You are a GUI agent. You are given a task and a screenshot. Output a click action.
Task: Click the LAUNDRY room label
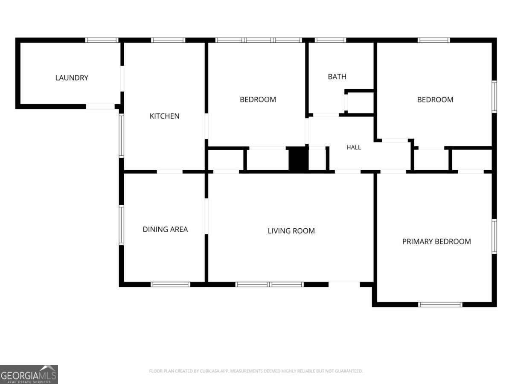(x=72, y=78)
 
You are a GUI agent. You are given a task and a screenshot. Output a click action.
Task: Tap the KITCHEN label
(x=164, y=116)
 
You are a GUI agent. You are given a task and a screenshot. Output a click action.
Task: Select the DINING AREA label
(x=165, y=230)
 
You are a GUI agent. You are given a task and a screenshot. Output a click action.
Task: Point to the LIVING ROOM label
(x=291, y=231)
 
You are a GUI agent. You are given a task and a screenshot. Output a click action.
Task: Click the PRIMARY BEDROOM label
(x=436, y=241)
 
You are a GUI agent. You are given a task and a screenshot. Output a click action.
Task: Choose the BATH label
(x=337, y=76)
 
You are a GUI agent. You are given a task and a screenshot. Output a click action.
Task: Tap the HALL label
(x=354, y=147)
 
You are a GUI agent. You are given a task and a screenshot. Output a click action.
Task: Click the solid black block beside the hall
(x=299, y=160)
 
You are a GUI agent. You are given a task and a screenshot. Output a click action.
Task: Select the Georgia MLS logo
(x=29, y=375)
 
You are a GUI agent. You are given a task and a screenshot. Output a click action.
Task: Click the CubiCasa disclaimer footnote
(x=256, y=371)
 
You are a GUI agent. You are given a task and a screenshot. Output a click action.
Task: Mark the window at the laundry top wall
(x=102, y=40)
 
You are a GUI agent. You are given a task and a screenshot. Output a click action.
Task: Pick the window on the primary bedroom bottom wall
(x=440, y=305)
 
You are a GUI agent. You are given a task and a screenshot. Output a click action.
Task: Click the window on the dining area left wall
(x=121, y=225)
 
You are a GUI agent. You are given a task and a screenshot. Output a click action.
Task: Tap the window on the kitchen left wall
(x=121, y=136)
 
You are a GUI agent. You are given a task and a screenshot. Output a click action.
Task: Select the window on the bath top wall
(x=331, y=40)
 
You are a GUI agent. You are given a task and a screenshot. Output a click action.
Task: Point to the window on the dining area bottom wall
(x=170, y=285)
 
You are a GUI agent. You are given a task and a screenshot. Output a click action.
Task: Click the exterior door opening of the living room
(x=344, y=285)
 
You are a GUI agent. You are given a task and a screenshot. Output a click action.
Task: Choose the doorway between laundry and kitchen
(x=122, y=79)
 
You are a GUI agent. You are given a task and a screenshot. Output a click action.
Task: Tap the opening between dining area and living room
(x=207, y=216)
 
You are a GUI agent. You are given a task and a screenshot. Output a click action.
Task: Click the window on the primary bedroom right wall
(x=494, y=236)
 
